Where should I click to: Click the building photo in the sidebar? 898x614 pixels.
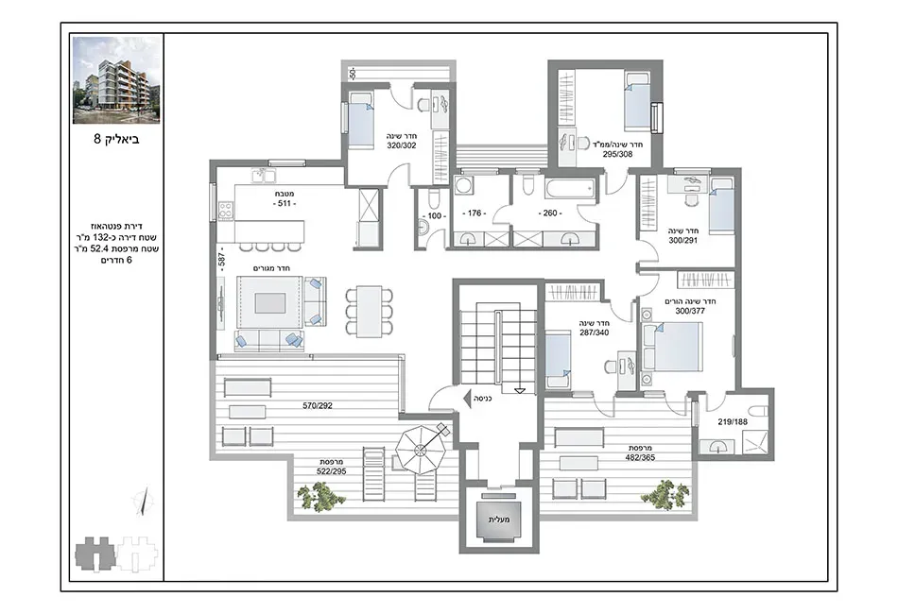116,80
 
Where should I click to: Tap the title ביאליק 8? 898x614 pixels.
116,139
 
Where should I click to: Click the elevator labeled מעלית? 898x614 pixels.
500,520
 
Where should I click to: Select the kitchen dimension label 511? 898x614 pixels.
285,204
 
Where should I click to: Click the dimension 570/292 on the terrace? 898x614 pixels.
318,405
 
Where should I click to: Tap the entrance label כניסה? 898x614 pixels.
483,397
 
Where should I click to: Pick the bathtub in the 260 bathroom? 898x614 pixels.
569,190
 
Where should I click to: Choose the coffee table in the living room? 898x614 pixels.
270,302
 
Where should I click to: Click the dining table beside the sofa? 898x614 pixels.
369,311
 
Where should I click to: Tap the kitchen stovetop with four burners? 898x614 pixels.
226,210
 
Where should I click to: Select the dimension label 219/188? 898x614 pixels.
733,422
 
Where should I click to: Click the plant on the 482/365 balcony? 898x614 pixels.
665,493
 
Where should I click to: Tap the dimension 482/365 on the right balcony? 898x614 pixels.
640,458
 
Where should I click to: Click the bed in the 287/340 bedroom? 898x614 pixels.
558,361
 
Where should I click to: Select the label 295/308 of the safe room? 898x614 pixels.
617,154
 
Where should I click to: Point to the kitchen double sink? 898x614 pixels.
263,174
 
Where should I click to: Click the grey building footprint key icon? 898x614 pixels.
95,554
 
